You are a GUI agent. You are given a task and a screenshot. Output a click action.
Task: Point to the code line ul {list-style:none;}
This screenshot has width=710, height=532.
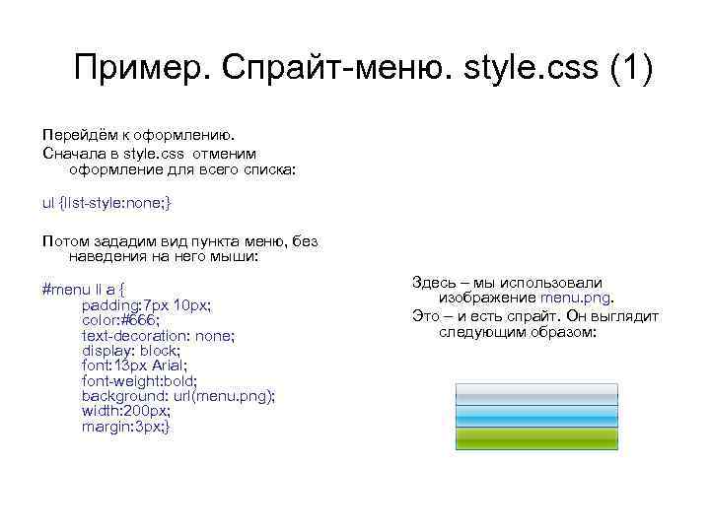pos(106,203)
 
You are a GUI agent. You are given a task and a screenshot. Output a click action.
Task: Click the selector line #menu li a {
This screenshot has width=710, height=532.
pos(99,290)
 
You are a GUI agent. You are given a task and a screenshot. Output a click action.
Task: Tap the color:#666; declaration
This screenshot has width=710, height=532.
pos(120,320)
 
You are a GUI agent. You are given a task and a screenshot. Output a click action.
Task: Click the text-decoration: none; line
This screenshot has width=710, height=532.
pos(158,335)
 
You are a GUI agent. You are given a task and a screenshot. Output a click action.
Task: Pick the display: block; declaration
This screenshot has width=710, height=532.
pos(130,350)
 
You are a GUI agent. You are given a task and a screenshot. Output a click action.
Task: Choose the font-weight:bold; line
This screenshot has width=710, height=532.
pos(139,380)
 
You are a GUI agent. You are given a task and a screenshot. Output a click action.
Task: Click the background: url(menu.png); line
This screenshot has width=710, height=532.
pos(178,395)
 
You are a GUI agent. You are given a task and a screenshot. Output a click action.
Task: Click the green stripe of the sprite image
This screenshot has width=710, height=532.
pos(535,438)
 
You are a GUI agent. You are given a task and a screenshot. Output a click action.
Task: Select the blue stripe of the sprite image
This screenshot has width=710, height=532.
pos(535,417)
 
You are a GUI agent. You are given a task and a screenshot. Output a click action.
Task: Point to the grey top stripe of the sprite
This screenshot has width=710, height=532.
pos(535,394)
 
